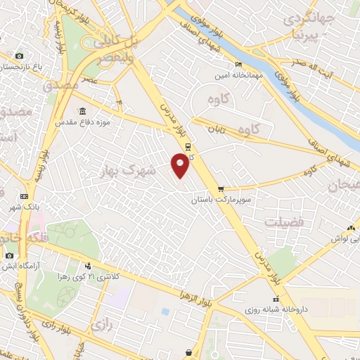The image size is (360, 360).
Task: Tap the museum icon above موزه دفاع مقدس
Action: (83, 112)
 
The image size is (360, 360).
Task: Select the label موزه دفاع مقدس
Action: (84, 123)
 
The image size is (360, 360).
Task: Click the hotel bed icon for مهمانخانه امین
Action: (238, 65)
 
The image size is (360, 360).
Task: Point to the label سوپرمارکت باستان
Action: (222, 200)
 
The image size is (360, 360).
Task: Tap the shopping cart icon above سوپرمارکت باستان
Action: (221, 188)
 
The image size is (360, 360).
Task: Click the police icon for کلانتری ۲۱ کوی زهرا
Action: (88, 266)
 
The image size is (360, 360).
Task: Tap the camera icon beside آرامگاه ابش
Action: (9, 256)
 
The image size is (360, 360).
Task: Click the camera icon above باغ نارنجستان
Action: (19, 56)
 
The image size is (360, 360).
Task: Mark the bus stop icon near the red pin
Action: (188, 146)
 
